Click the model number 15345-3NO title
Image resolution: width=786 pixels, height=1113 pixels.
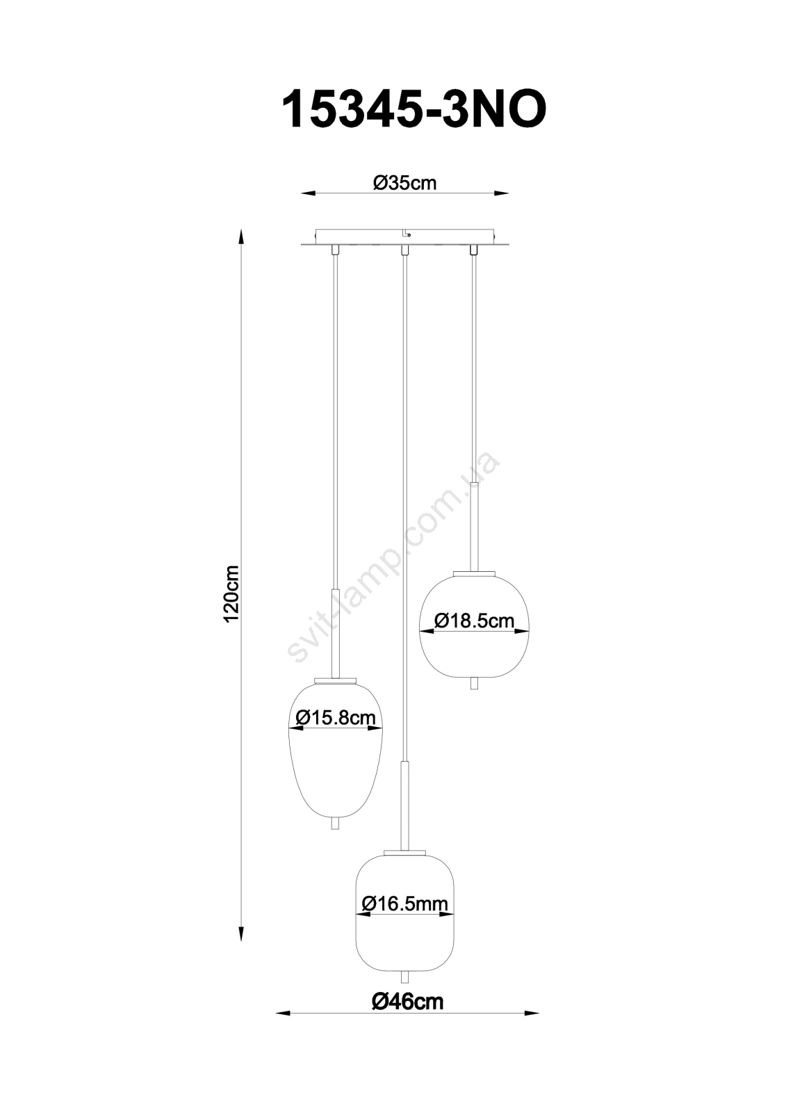point(414,111)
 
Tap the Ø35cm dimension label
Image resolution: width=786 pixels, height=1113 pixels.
point(405,184)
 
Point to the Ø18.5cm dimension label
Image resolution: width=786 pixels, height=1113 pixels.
point(474,620)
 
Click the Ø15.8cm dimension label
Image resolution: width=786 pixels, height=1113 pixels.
point(334,718)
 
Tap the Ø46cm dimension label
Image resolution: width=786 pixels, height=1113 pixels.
point(407,1012)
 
